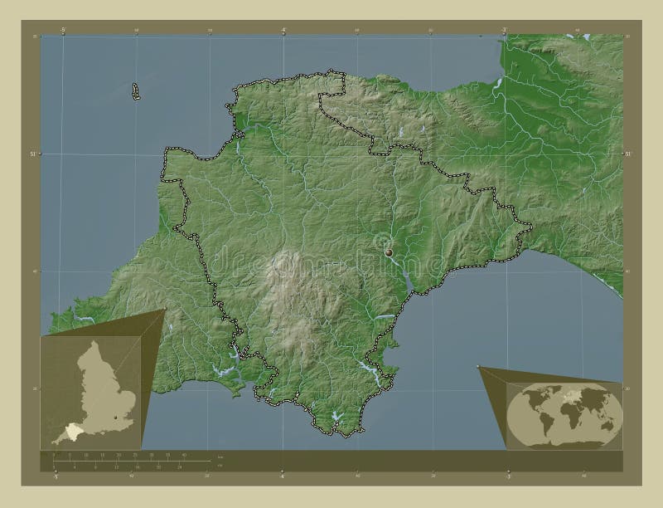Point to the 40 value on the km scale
tap(184, 456)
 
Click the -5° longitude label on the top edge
tap(63, 30)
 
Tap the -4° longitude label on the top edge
tap(283, 30)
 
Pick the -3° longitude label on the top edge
tap(504, 30)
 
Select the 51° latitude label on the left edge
tap(34, 154)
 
